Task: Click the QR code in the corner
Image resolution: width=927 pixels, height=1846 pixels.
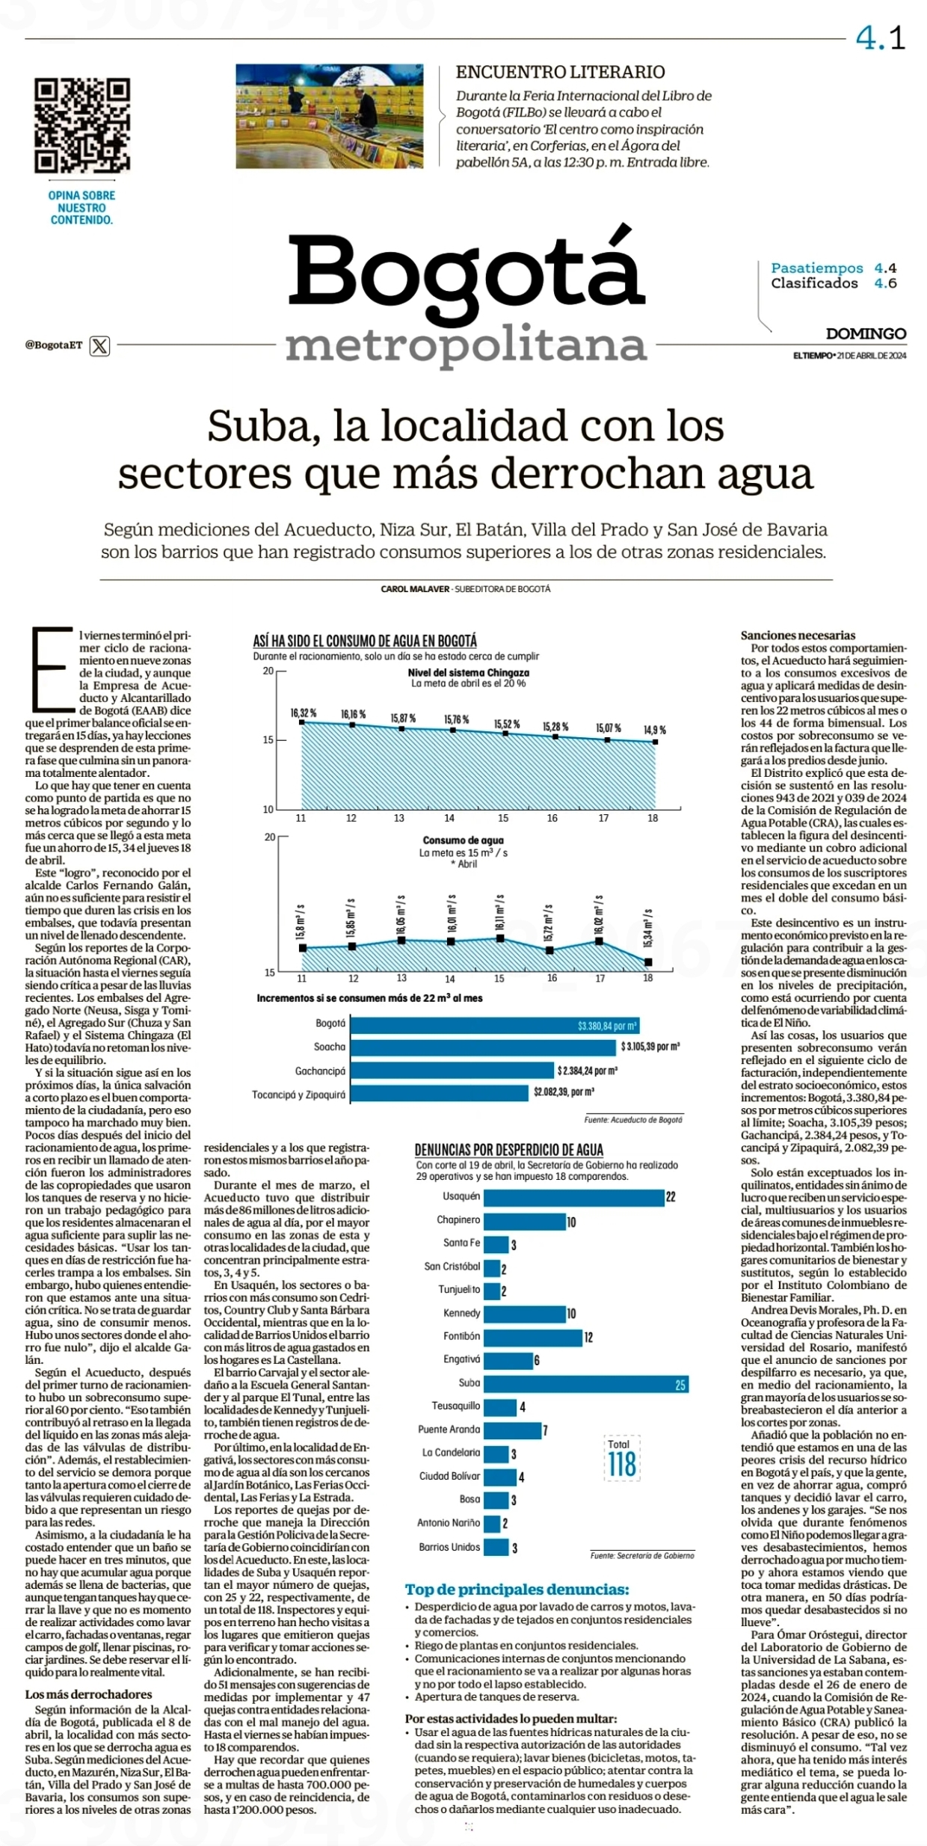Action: (82, 126)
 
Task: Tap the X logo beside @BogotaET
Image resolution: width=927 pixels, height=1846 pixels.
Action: (99, 345)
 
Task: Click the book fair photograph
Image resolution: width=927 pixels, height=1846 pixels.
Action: (330, 116)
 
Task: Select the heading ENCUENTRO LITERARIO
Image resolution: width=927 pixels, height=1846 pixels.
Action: (561, 72)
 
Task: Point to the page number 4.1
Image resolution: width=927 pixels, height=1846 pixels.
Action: (881, 38)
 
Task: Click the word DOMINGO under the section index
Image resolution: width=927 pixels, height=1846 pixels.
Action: (866, 333)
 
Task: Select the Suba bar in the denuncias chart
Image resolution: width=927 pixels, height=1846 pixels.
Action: (586, 1383)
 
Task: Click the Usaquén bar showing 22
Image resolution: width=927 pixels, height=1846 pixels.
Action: (574, 1197)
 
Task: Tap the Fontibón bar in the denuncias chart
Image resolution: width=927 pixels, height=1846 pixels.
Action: (533, 1337)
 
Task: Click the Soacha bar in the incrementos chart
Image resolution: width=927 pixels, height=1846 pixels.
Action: (483, 1047)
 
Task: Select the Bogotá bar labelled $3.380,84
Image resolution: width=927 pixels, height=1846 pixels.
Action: (495, 1025)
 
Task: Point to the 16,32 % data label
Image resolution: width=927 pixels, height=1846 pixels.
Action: (303, 713)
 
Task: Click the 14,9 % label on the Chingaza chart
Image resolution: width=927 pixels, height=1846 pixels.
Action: (655, 730)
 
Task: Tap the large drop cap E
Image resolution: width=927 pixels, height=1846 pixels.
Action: (51, 670)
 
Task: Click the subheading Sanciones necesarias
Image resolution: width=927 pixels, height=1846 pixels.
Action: (798, 636)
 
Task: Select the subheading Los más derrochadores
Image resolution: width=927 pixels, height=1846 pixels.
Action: (88, 1695)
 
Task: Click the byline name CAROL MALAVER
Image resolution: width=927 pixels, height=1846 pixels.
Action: (415, 589)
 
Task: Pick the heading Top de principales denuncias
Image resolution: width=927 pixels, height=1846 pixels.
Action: (517, 1590)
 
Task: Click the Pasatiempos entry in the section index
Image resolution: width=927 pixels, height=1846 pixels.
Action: (817, 268)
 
